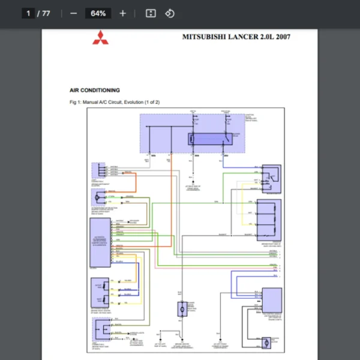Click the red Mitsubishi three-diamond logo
tap(100, 37)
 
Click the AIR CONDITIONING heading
tap(94, 90)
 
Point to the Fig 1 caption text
tap(115, 103)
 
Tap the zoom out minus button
tap(73, 13)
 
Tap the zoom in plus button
tap(123, 13)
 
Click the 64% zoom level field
tap(98, 13)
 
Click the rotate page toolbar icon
tap(170, 13)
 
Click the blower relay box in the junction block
tap(208, 139)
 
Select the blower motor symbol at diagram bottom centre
tap(182, 309)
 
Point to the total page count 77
tap(46, 13)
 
